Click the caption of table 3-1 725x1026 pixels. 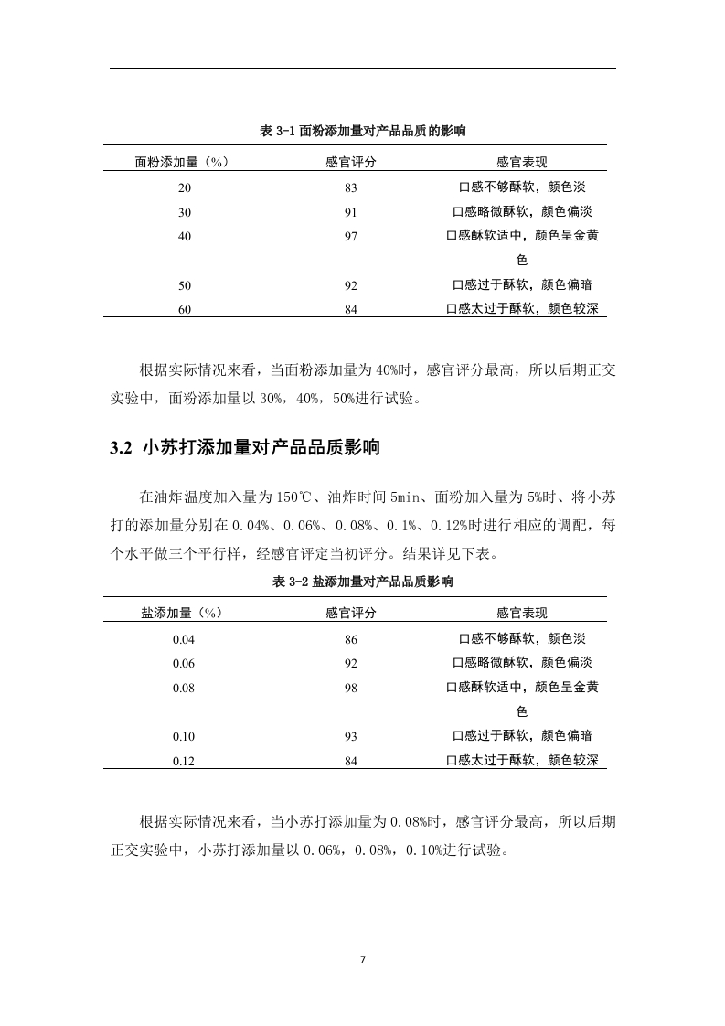click(363, 132)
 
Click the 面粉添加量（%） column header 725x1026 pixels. click(181, 162)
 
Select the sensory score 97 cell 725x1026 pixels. click(350, 236)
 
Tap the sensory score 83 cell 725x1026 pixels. click(350, 187)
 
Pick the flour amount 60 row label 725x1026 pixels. click(185, 309)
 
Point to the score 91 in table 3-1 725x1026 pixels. click(350, 212)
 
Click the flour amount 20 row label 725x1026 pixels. click(185, 187)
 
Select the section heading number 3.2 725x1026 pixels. click(122, 448)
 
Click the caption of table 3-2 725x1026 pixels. click(363, 582)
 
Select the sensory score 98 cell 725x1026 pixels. click(350, 688)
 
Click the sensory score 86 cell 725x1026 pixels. click(350, 639)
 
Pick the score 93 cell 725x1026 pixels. click(350, 736)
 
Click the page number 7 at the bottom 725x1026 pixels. click(363, 960)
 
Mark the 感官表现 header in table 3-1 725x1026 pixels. click(521, 162)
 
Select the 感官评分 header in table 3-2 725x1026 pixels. click(350, 613)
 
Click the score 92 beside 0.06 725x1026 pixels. click(350, 663)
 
